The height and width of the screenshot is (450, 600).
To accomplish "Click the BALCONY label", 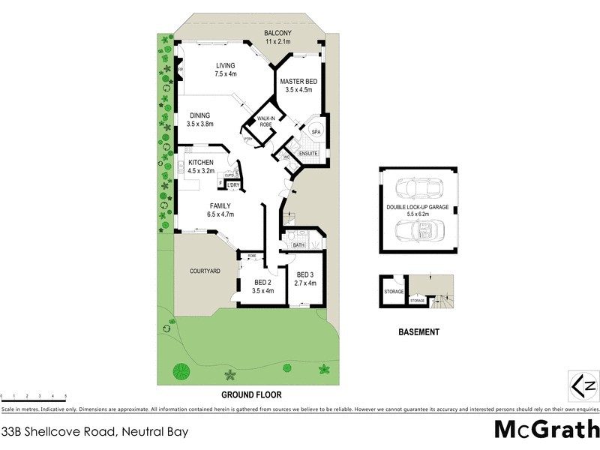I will coord(277,33).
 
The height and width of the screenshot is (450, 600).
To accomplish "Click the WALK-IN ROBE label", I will coord(266,121).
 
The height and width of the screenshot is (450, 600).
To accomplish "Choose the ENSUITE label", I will coord(308,154).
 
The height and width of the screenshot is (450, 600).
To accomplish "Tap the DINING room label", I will coord(199,115).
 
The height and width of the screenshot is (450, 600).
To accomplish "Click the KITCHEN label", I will coord(201,163).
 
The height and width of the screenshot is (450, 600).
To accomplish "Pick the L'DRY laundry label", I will coord(233,184).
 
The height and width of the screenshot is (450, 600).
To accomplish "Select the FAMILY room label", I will coord(220,205).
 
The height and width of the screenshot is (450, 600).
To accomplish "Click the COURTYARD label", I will coord(205,271).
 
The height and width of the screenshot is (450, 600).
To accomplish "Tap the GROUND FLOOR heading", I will coord(250,394).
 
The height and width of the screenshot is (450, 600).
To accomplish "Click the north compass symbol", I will coord(583,386).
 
